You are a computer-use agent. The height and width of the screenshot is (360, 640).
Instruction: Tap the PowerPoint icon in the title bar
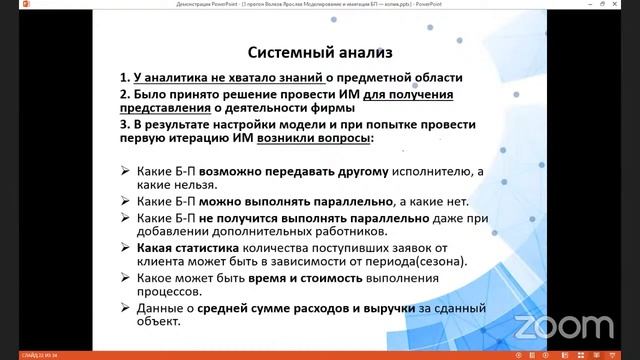pyautogui.click(x=7, y=6)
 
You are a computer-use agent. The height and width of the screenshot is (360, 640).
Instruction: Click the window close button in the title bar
pyautogui.click(x=630, y=6)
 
